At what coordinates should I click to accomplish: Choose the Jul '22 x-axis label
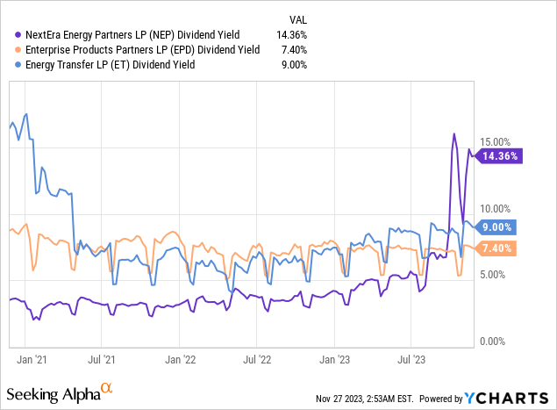[x=258, y=359]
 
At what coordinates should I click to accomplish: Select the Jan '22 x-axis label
[x=182, y=359]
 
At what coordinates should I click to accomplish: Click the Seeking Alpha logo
[x=61, y=390]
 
